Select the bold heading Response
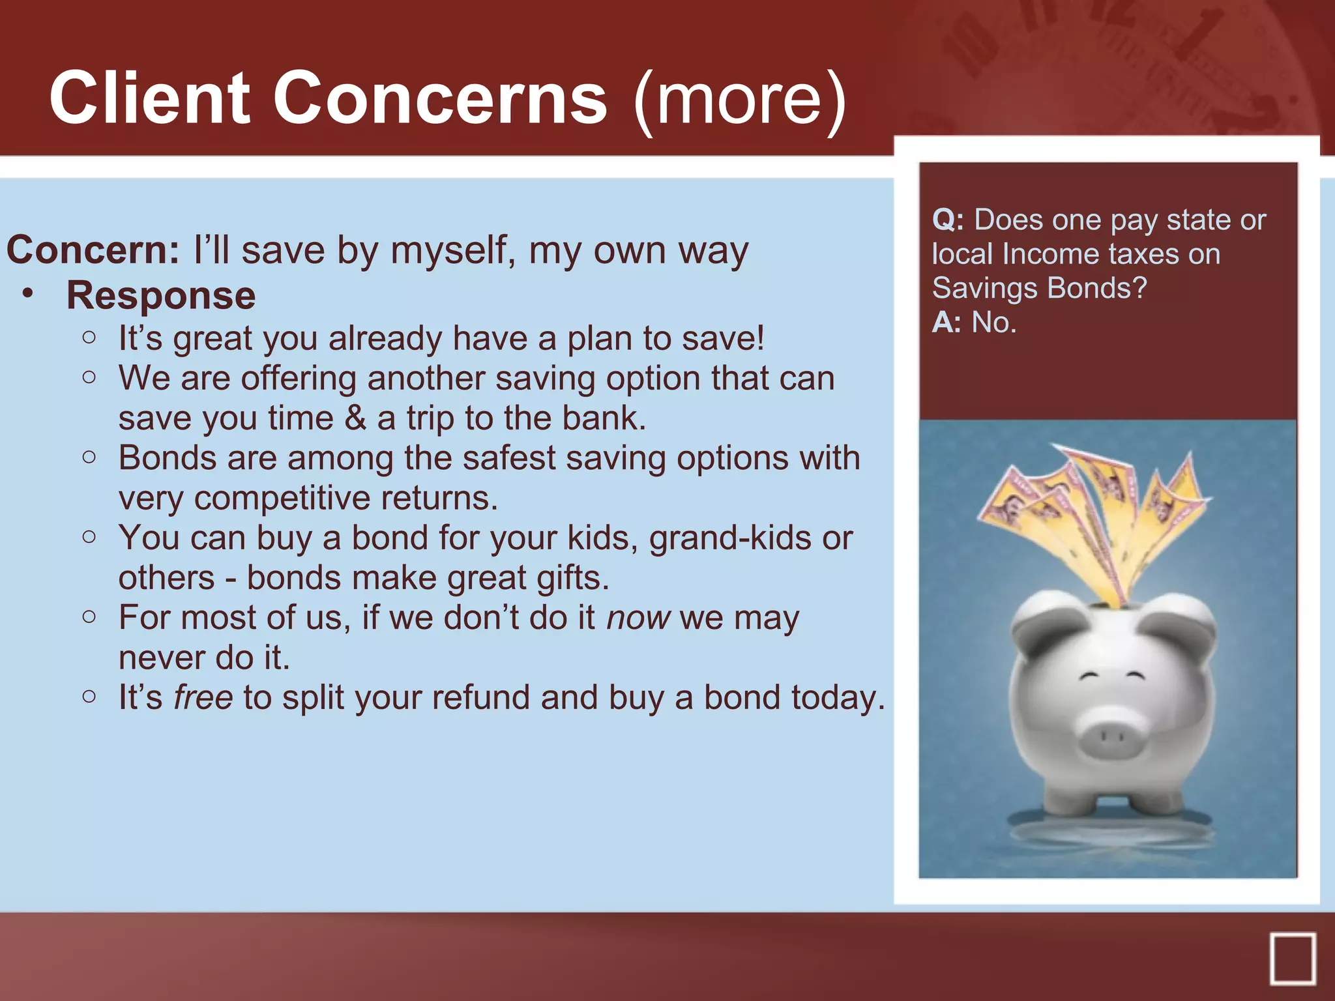[x=161, y=296]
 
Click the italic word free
[x=203, y=697]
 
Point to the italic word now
[x=638, y=618]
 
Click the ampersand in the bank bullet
[x=355, y=418]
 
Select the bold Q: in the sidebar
[x=948, y=220]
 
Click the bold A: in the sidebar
[x=946, y=323]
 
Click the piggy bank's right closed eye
[x=1136, y=676]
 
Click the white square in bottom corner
[x=1292, y=959]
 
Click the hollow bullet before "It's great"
[x=89, y=338]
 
